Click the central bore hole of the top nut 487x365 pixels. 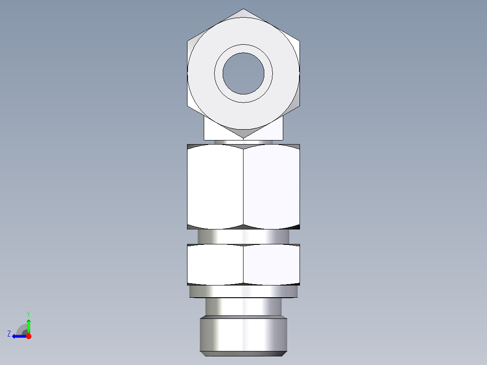[x=243, y=73]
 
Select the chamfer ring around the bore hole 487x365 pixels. [x=243, y=48]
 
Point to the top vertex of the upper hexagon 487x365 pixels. [x=243, y=9]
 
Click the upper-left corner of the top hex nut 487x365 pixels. [x=188, y=42]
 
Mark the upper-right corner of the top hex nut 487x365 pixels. [x=299, y=42]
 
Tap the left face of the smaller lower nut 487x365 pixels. [x=215, y=265]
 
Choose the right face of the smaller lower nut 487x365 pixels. [x=272, y=265]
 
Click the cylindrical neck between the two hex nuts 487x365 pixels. [x=243, y=236]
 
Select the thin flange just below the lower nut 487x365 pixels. [x=243, y=292]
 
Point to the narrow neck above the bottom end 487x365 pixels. [x=243, y=307]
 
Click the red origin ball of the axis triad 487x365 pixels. [x=28, y=336]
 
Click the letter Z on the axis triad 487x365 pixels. [x=9, y=334]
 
